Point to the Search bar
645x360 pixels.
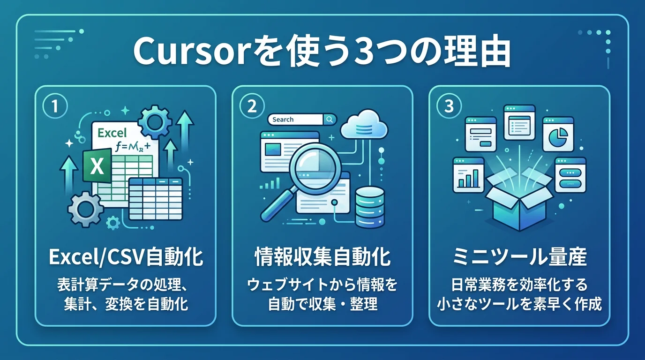click(x=302, y=120)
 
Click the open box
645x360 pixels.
click(x=519, y=202)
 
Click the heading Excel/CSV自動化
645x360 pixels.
click(x=126, y=258)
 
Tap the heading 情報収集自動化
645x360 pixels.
click(x=322, y=258)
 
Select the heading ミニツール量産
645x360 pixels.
click(x=519, y=258)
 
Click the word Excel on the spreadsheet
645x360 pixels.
click(x=112, y=133)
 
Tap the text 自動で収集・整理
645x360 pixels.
click(x=322, y=304)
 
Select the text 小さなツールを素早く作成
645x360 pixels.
click(x=519, y=304)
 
